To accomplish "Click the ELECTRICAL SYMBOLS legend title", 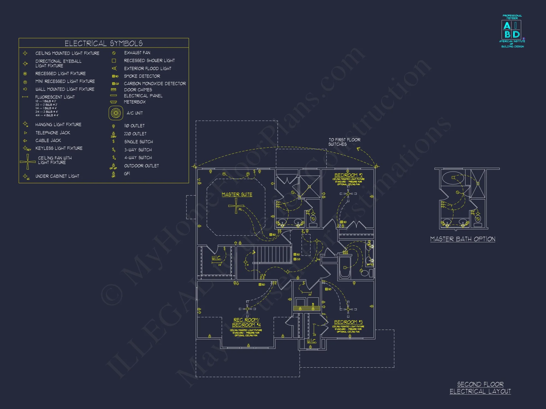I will pyautogui.click(x=103, y=43).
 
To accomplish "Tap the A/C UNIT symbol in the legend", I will pyautogui.click(x=116, y=113).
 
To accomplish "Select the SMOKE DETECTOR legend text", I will pyautogui.click(x=142, y=76).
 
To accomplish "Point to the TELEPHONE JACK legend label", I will pyautogui.click(x=53, y=133).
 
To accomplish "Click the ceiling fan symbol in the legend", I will pyautogui.click(x=28, y=162).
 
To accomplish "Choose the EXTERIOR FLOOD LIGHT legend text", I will pyautogui.click(x=147, y=68).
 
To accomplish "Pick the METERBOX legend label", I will pyautogui.click(x=135, y=102).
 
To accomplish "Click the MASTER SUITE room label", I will pyautogui.click(x=237, y=194).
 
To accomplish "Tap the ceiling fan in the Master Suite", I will pyautogui.click(x=236, y=206).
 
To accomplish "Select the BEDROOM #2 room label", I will pyautogui.click(x=348, y=175).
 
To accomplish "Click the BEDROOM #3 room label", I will pyautogui.click(x=348, y=322).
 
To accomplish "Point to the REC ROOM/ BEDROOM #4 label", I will pyautogui.click(x=246, y=322).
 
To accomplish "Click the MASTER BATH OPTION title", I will pyautogui.click(x=462, y=239).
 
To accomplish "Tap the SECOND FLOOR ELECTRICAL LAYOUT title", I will pyautogui.click(x=480, y=388).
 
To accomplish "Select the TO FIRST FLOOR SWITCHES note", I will pyautogui.click(x=344, y=142).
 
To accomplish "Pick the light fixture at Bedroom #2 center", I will pyautogui.click(x=348, y=194).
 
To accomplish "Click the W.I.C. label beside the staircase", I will pyautogui.click(x=216, y=258).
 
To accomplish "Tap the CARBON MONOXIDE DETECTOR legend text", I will pyautogui.click(x=155, y=83).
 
